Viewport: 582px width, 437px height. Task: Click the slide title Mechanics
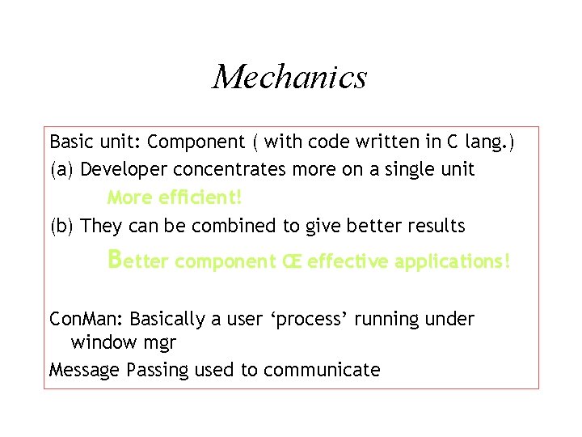289,78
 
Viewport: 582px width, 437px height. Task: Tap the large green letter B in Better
115,259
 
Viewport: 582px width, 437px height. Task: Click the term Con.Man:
86,319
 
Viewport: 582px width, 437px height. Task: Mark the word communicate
322,370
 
